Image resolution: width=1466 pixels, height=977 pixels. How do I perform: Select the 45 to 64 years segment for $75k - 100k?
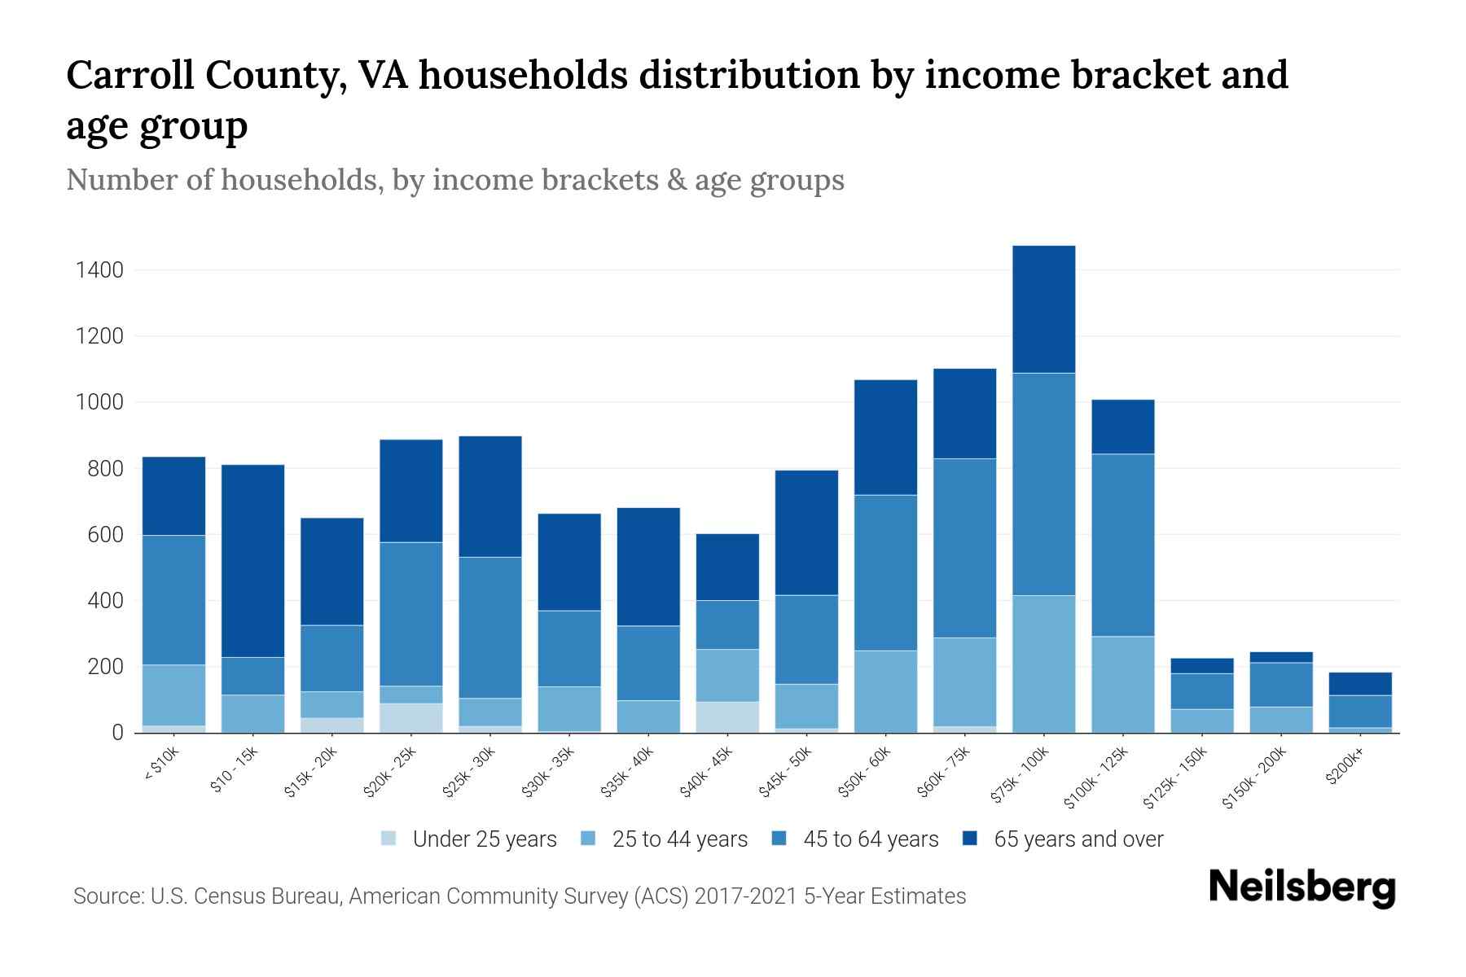pyautogui.click(x=1043, y=484)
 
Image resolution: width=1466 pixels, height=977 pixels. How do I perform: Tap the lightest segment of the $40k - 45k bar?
pyautogui.click(x=727, y=716)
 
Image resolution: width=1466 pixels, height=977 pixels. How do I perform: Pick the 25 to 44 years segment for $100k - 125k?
pyautogui.click(x=1122, y=684)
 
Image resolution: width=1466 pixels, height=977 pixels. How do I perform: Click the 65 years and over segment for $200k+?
pyautogui.click(x=1360, y=683)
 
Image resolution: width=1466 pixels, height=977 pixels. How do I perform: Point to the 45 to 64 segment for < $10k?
pyautogui.click(x=173, y=599)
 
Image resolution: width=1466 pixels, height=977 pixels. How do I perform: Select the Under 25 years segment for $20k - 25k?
pyautogui.click(x=411, y=717)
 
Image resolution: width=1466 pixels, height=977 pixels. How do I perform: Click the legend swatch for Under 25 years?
pyautogui.click(x=389, y=839)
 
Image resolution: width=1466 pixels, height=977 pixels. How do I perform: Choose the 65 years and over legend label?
pyautogui.click(x=1078, y=839)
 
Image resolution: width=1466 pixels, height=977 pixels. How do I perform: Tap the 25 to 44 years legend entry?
pyautogui.click(x=679, y=839)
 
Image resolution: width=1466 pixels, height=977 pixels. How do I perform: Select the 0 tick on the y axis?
pyautogui.click(x=117, y=733)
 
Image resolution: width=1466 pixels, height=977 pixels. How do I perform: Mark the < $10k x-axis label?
pyautogui.click(x=161, y=765)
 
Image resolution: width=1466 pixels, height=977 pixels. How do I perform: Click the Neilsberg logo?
pyautogui.click(x=1301, y=887)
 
